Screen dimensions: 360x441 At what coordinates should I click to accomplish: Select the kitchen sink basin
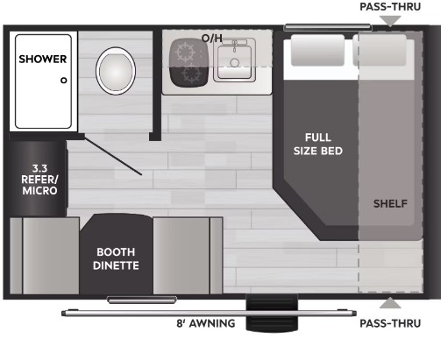pos(234,60)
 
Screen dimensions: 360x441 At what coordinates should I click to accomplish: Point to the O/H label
pos(211,39)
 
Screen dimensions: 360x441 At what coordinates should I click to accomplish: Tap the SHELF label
pos(390,203)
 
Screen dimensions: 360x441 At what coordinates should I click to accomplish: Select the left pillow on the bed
pos(317,51)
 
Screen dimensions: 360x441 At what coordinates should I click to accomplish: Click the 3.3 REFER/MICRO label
pos(39,179)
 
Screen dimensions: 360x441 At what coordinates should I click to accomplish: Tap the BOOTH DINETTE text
pos(117,258)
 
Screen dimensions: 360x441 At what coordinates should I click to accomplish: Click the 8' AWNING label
pos(207,323)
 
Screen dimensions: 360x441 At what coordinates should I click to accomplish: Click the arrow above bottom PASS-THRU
pos(389,304)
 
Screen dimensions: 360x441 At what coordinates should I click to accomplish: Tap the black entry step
pos(260,316)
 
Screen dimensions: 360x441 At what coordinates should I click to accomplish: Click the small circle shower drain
pos(64,80)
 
